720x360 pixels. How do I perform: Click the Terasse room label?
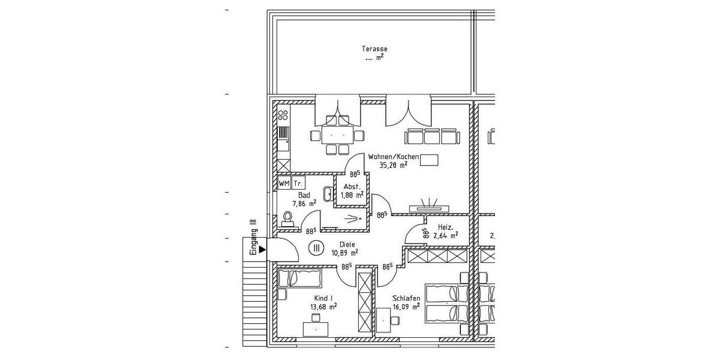pos(374,49)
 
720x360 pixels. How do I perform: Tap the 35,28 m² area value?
pos(394,164)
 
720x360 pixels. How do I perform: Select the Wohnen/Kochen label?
pos(394,157)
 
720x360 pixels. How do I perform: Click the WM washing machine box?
pos(284,183)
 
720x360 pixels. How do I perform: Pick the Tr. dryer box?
pos(298,183)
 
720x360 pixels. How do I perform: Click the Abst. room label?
pos(352,187)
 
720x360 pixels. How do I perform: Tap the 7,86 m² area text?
pos(304,203)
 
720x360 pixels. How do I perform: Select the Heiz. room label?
pos(445,227)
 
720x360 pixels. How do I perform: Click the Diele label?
pos(347,244)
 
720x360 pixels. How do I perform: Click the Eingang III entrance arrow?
pos(262,248)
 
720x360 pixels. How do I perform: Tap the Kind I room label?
pos(323,298)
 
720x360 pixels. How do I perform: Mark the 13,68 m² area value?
pos(323,307)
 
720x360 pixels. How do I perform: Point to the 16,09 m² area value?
pos(406,307)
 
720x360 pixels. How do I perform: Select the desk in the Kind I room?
pos(316,329)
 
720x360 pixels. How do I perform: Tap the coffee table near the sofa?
pos(429,160)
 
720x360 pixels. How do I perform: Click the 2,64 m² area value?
pos(446,236)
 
